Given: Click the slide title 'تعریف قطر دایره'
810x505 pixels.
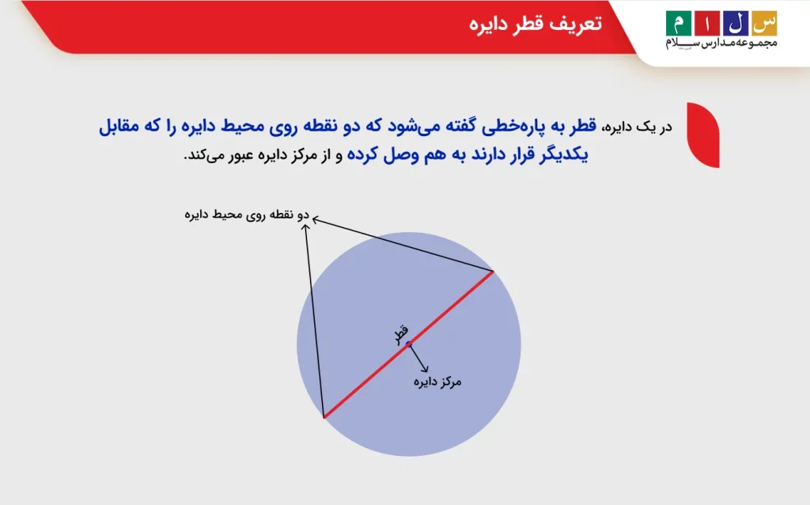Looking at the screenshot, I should (536, 23).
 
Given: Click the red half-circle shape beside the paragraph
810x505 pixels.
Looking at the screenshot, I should (703, 135).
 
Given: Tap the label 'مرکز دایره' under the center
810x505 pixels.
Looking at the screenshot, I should (437, 382).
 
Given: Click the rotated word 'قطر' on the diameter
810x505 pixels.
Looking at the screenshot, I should (402, 333).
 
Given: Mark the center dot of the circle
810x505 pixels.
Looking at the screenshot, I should (409, 344).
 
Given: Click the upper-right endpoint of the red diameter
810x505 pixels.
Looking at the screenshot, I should (494, 272).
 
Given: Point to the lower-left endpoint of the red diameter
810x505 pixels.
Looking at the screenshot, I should (324, 416).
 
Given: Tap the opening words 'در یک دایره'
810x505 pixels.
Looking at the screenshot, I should (640, 128).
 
